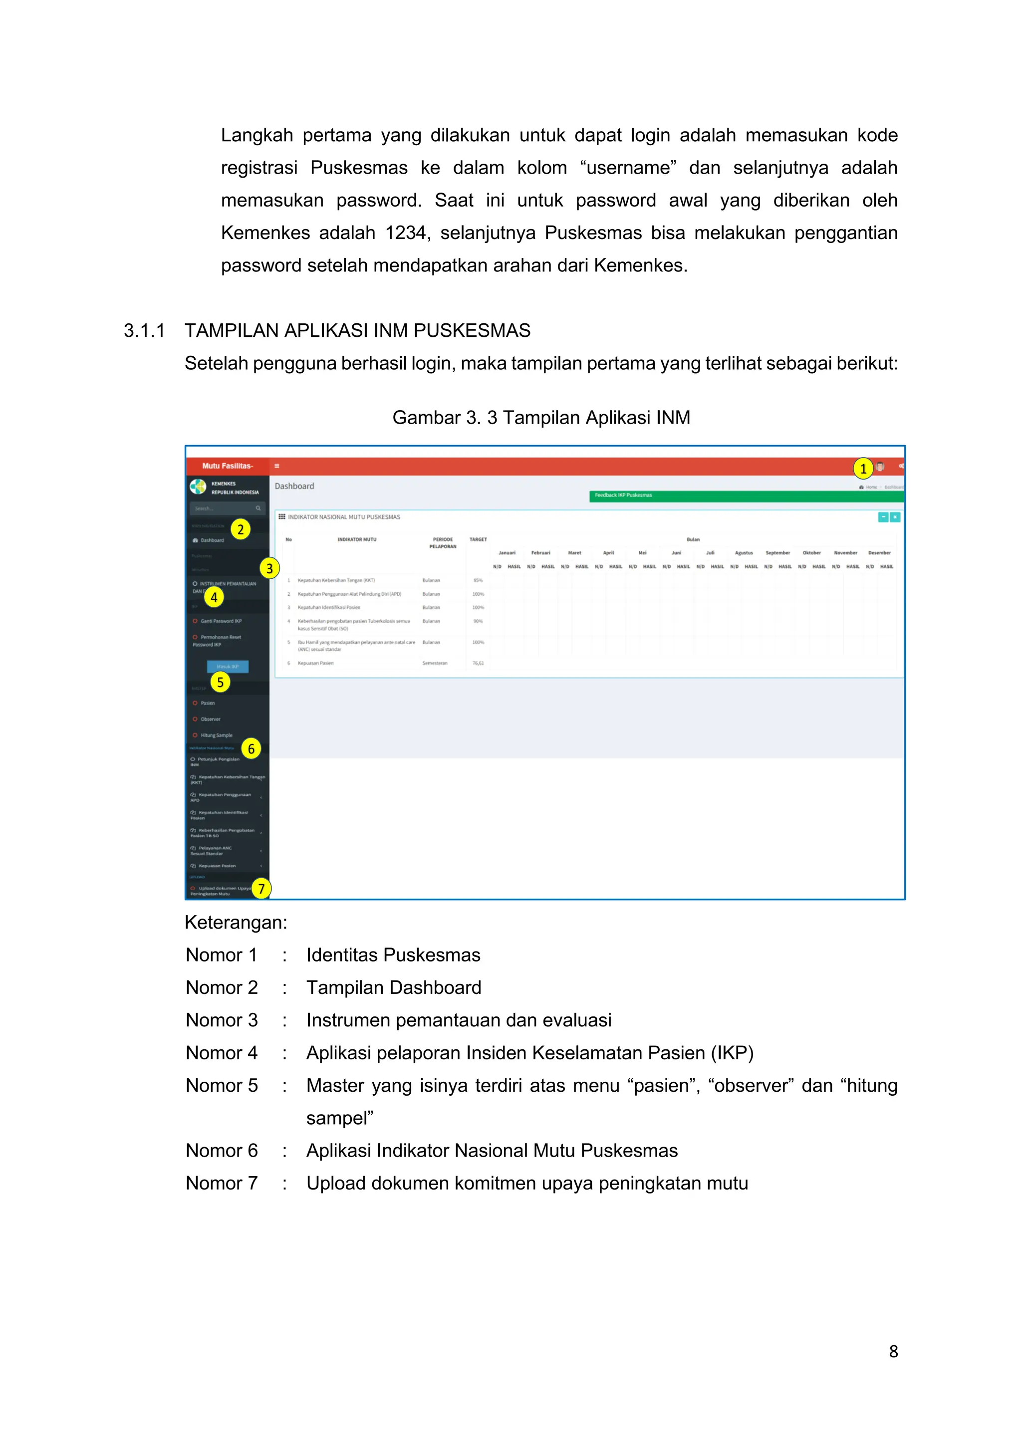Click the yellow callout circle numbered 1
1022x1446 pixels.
point(863,469)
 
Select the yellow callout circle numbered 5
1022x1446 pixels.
point(220,682)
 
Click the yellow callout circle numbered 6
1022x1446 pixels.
point(251,749)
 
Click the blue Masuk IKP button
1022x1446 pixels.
point(228,666)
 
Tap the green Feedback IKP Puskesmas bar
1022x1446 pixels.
point(746,495)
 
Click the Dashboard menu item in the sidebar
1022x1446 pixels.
point(212,540)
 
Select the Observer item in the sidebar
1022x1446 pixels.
point(210,719)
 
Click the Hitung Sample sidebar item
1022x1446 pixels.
point(216,735)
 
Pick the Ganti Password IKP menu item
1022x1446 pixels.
point(221,621)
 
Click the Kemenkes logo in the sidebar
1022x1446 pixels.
point(198,487)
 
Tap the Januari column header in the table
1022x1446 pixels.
point(507,553)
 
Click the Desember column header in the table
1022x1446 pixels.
point(879,553)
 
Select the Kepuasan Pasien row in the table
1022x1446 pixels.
point(315,663)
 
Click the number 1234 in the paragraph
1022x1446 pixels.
point(406,233)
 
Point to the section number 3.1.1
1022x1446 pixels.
point(144,331)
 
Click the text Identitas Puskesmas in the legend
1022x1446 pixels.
point(393,956)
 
